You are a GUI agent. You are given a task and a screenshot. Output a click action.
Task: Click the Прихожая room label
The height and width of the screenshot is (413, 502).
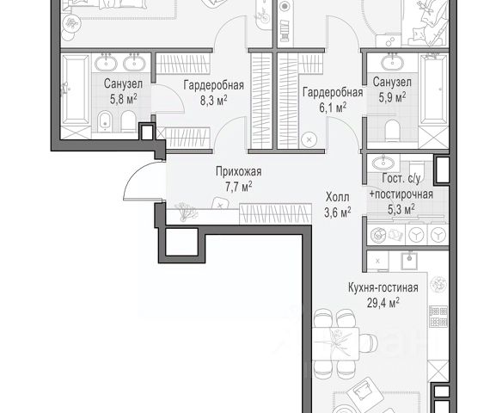[x=238, y=171]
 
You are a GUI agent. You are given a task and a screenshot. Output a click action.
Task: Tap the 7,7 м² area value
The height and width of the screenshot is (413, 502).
[x=238, y=186]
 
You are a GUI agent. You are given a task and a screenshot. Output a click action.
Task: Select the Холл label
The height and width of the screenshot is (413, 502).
[x=338, y=197]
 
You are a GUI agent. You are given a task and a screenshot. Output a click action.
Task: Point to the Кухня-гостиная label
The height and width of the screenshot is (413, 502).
[x=383, y=287]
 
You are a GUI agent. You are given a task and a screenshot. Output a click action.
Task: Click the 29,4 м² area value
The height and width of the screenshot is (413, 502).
[x=383, y=302]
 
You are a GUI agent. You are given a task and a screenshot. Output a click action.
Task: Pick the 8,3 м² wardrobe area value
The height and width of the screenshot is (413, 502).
[x=214, y=101]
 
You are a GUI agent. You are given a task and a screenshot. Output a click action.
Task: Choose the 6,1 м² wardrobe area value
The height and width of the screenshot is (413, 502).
[x=333, y=108]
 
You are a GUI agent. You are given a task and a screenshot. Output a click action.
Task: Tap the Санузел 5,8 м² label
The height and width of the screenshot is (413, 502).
[x=124, y=91]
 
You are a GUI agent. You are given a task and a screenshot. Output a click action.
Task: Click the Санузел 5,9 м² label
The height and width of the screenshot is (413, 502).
[x=392, y=89]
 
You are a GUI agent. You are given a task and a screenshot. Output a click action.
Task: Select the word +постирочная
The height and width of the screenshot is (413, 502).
[x=401, y=194]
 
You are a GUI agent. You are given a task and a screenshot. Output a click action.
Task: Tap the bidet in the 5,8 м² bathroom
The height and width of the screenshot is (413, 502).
[x=104, y=121]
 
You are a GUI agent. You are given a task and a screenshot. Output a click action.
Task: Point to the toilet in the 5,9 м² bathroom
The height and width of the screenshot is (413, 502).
[x=392, y=131]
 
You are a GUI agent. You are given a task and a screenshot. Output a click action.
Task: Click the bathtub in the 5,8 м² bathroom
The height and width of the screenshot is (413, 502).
[x=76, y=89]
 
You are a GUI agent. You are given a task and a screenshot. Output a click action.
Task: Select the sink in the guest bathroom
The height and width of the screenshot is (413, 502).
[x=383, y=163]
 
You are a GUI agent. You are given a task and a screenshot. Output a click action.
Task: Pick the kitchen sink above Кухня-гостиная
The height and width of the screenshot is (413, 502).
[x=409, y=260]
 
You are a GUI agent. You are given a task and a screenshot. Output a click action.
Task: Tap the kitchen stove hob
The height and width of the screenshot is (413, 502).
[x=438, y=316]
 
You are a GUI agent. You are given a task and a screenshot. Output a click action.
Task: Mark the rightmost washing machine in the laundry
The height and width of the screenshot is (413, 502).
[x=438, y=235]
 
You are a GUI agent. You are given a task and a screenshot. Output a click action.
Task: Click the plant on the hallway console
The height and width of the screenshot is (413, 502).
[x=183, y=211]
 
